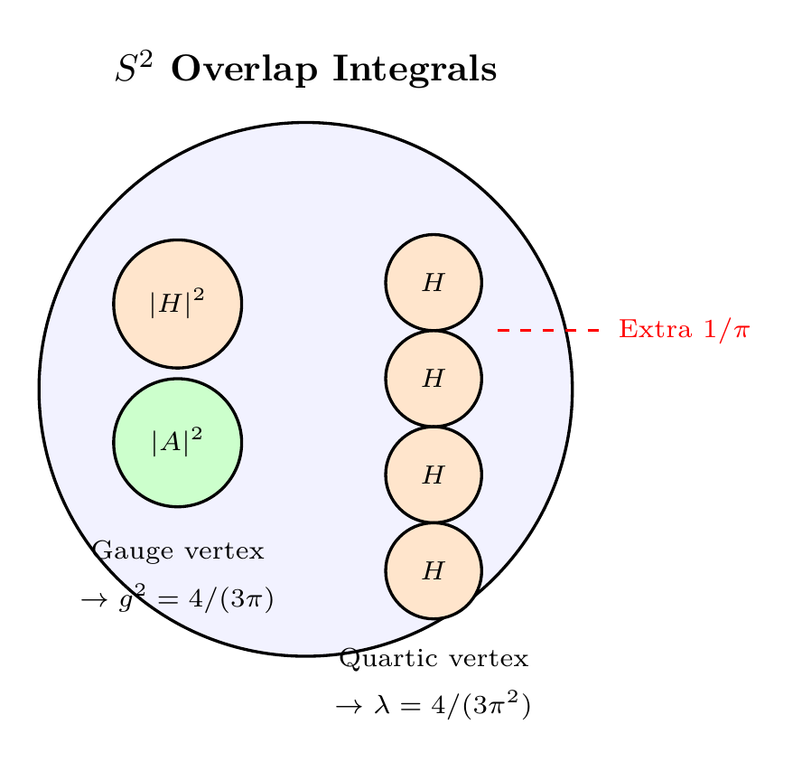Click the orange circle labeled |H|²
(177, 304)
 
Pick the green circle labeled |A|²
(177, 442)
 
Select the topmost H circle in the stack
(434, 282)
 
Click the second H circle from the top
(434, 378)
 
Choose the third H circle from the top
(434, 474)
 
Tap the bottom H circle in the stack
(434, 570)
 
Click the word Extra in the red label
(648, 330)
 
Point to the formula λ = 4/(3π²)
(451, 706)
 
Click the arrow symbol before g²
(93, 600)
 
